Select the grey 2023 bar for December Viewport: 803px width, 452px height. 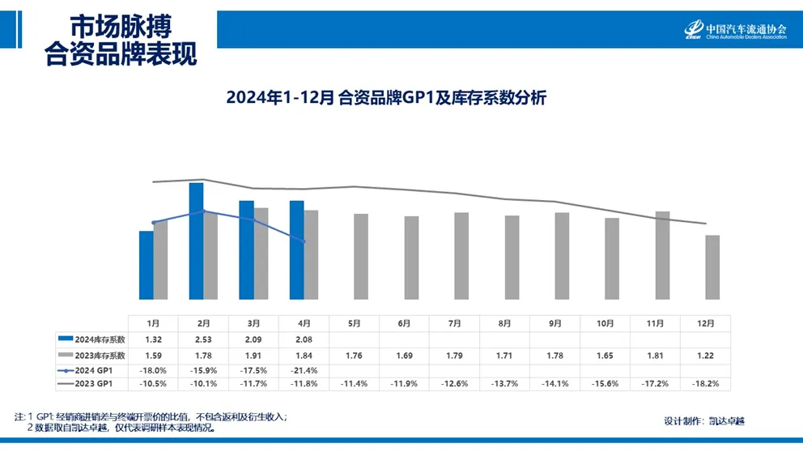(x=712, y=267)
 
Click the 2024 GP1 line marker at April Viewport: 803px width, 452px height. (x=304, y=241)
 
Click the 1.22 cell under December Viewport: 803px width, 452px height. (x=706, y=355)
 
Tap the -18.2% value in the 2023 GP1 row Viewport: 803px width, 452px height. (x=706, y=383)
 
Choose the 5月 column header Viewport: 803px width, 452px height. (x=354, y=323)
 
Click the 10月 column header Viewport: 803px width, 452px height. (x=605, y=323)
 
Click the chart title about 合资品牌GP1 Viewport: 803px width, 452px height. (x=387, y=98)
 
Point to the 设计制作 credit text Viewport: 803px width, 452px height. (x=703, y=420)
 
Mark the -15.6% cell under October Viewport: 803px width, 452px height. (x=605, y=383)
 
